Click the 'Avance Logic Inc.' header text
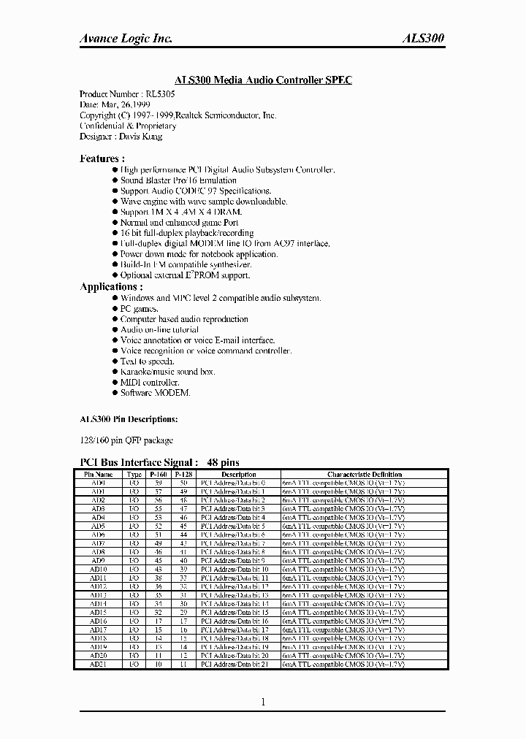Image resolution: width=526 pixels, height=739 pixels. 126,39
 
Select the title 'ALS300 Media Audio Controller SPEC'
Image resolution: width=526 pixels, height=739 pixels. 263,80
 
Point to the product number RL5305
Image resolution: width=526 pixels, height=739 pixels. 160,94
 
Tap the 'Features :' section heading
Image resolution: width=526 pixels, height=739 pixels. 102,158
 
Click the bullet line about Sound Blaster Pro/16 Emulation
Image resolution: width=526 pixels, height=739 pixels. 178,180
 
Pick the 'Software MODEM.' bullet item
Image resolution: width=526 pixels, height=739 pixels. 155,393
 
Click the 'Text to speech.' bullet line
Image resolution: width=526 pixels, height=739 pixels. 147,361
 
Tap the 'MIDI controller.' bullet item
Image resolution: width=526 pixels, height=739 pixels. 150,383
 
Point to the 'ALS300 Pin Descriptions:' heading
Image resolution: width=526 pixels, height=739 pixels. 128,419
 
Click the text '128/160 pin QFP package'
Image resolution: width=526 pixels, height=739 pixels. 126,440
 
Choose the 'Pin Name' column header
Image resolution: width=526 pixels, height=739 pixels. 99,475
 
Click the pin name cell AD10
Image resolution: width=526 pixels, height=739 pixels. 99,568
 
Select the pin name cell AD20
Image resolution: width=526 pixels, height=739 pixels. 99,656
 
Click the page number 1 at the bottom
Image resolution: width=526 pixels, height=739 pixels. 262,702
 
